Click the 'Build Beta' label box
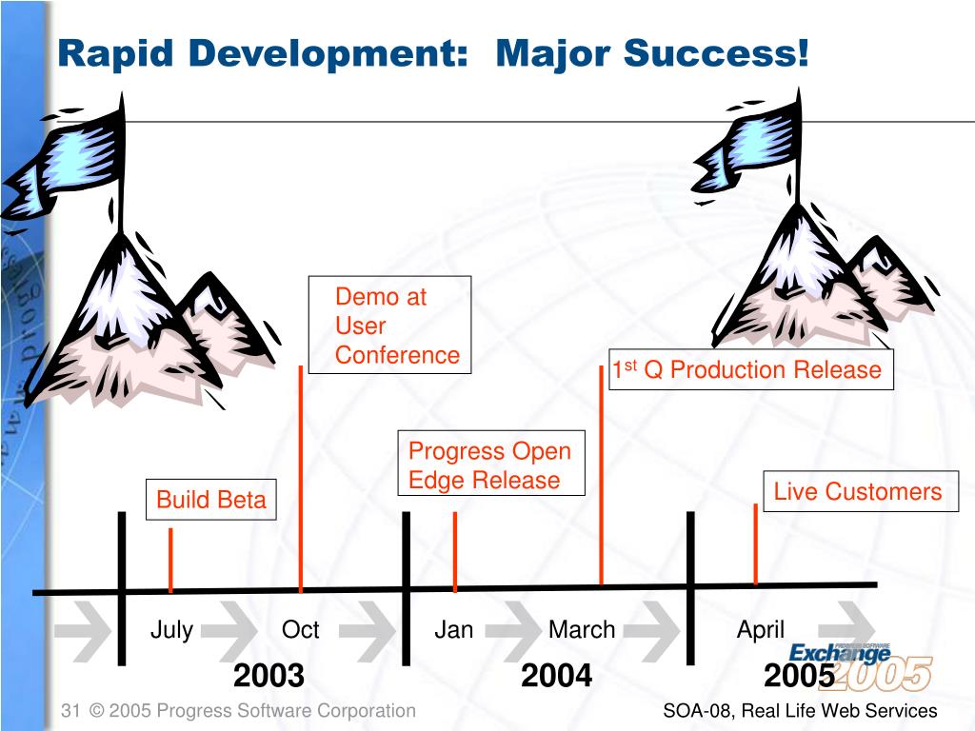210,499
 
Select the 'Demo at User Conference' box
389,325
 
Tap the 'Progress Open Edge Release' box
491,464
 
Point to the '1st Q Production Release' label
750,369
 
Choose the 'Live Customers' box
861,491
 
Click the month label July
171,630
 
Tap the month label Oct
300,630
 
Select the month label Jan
453,630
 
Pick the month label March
582,630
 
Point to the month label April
761,630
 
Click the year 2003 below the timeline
269,676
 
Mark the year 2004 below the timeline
556,676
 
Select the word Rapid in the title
115,53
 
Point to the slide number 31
70,710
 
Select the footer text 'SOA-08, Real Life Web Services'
800,710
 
